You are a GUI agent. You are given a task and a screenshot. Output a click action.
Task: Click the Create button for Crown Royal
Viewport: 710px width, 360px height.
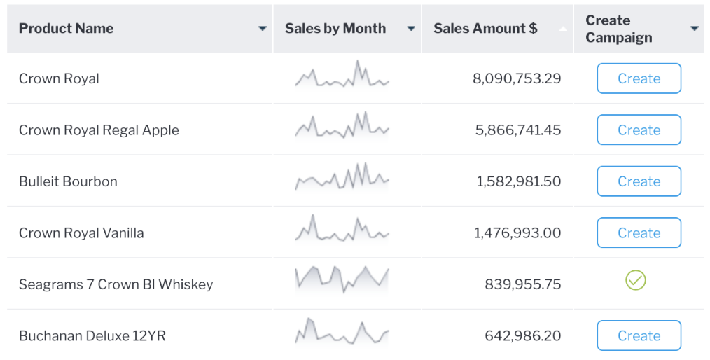click(639, 78)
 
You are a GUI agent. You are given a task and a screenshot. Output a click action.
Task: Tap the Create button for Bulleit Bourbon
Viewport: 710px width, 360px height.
click(639, 181)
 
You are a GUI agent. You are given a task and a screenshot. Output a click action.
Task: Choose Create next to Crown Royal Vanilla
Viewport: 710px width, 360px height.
click(639, 233)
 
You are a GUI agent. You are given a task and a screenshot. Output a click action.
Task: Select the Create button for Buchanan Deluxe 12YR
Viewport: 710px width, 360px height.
click(639, 336)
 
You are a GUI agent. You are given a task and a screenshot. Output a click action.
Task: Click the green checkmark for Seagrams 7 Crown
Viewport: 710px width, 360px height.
click(635, 281)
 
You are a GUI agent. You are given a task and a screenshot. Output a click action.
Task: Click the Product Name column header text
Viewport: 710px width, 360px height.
click(66, 29)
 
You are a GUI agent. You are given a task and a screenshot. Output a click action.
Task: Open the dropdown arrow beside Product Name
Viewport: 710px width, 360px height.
click(263, 29)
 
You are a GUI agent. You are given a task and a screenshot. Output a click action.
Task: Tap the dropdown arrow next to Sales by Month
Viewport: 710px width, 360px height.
click(411, 29)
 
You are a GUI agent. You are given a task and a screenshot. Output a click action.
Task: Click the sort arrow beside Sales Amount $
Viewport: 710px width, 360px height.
click(563, 29)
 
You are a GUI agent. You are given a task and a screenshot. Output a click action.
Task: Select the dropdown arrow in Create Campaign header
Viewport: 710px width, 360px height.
click(694, 29)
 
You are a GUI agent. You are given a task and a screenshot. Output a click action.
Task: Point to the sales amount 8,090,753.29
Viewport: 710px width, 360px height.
click(517, 78)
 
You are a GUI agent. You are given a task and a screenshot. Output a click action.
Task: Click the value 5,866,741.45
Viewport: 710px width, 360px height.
click(518, 130)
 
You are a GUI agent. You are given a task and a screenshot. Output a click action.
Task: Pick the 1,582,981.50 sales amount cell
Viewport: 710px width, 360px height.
click(519, 181)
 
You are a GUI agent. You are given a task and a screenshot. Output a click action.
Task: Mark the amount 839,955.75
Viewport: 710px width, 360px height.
click(522, 284)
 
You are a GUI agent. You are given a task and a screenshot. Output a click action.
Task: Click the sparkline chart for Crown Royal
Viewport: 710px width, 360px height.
click(342, 75)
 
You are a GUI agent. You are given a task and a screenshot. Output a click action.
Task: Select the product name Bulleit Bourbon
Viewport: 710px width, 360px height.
click(68, 181)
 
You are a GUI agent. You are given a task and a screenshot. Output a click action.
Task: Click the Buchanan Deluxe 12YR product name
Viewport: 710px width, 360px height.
click(92, 336)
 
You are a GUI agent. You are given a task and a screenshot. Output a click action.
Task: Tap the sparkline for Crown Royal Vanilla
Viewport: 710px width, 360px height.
click(342, 230)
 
